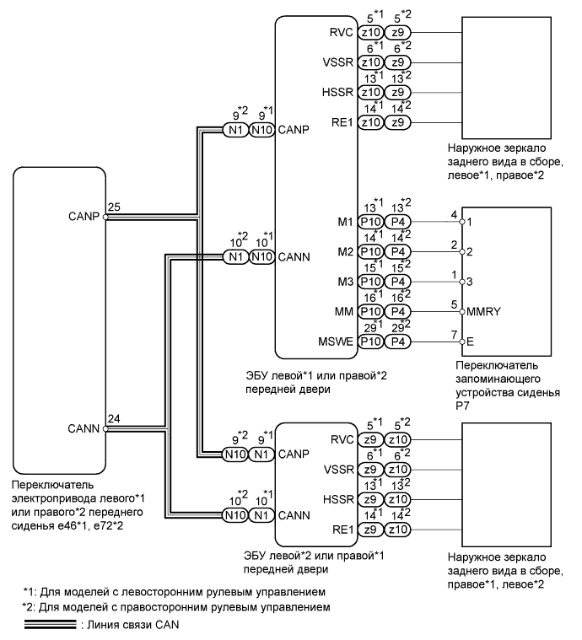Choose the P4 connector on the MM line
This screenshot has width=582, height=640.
click(396, 311)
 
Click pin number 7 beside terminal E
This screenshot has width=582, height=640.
click(454, 333)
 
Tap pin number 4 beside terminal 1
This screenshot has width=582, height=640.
click(454, 215)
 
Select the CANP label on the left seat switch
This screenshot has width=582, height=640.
click(86, 215)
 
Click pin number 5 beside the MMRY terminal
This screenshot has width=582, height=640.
click(454, 304)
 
